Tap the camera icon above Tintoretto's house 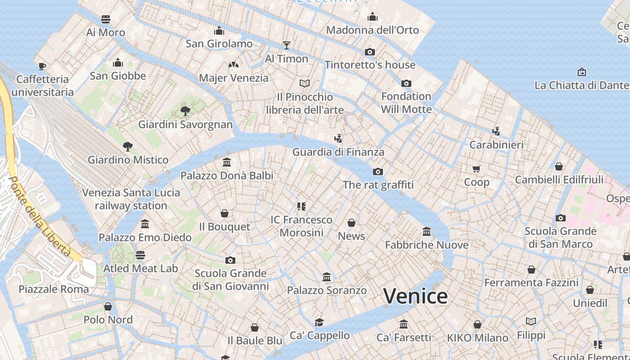370,52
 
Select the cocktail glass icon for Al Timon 287,45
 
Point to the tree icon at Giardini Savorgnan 185,111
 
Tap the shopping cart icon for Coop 477,169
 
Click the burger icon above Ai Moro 106,19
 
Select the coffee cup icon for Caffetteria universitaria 42,66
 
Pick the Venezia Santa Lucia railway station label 131,199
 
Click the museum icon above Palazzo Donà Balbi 227,162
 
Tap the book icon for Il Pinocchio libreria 305,83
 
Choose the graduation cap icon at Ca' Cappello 319,322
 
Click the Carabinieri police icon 496,131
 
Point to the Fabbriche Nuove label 427,245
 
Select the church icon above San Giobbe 118,63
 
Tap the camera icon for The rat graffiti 378,171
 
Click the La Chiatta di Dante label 581,85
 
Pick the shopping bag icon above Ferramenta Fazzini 531,270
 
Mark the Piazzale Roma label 54,289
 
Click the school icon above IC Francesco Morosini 301,207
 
